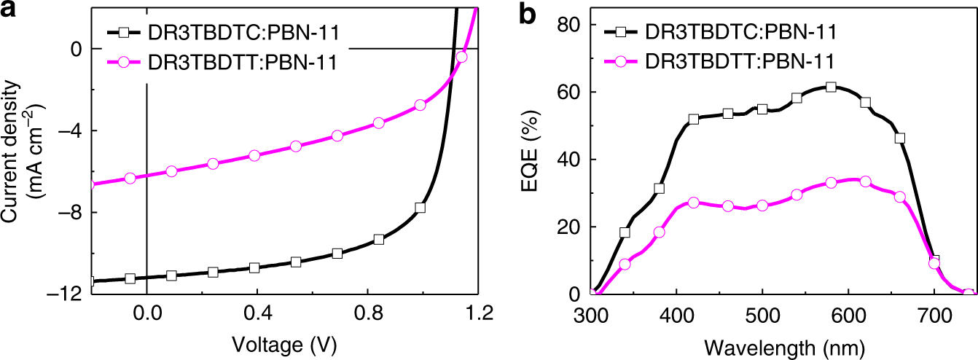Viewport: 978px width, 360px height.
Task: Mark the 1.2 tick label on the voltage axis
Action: coord(478,314)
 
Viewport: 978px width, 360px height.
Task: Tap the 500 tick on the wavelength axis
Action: coord(762,314)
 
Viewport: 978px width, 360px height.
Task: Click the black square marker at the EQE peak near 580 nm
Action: coord(831,87)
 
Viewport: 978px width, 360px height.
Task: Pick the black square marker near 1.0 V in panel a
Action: coord(420,208)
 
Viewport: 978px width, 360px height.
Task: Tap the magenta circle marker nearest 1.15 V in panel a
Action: coord(461,57)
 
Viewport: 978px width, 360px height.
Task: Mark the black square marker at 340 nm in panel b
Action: coord(625,233)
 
